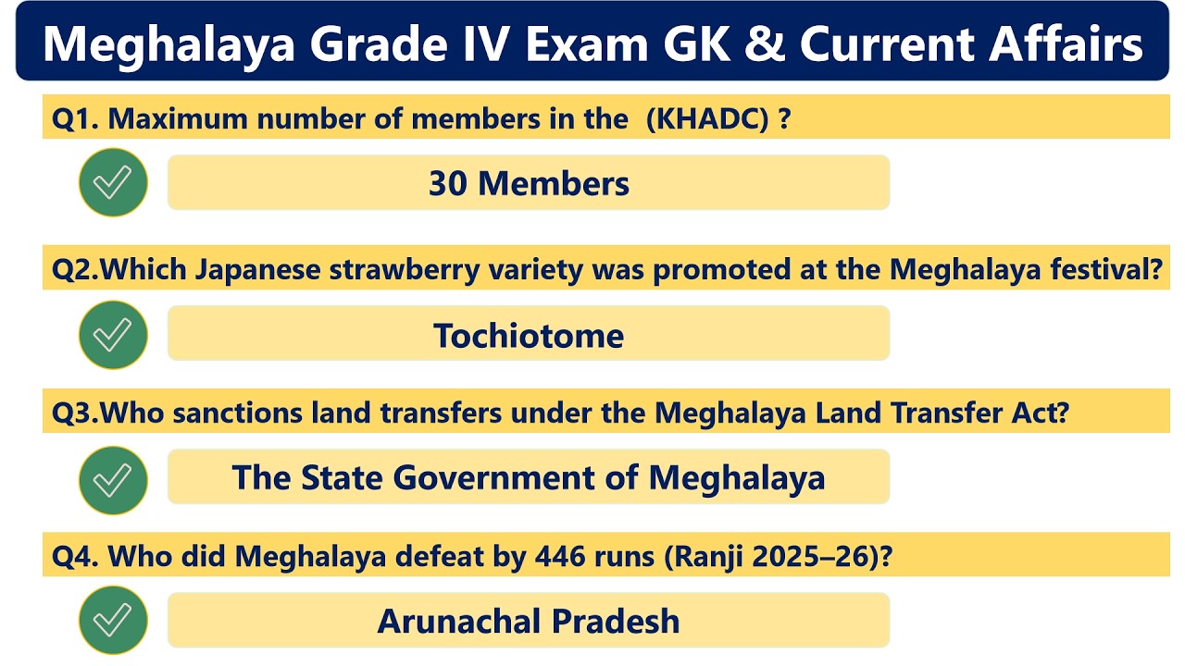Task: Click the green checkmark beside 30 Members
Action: [113, 182]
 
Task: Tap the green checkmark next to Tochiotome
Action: [113, 335]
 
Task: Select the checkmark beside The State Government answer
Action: [113, 480]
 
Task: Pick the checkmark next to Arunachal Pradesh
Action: [113, 621]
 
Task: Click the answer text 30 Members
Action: [529, 183]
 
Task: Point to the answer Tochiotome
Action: [529, 336]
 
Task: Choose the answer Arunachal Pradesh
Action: [529, 621]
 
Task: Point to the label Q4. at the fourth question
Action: [75, 557]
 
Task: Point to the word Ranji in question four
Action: [719, 557]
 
